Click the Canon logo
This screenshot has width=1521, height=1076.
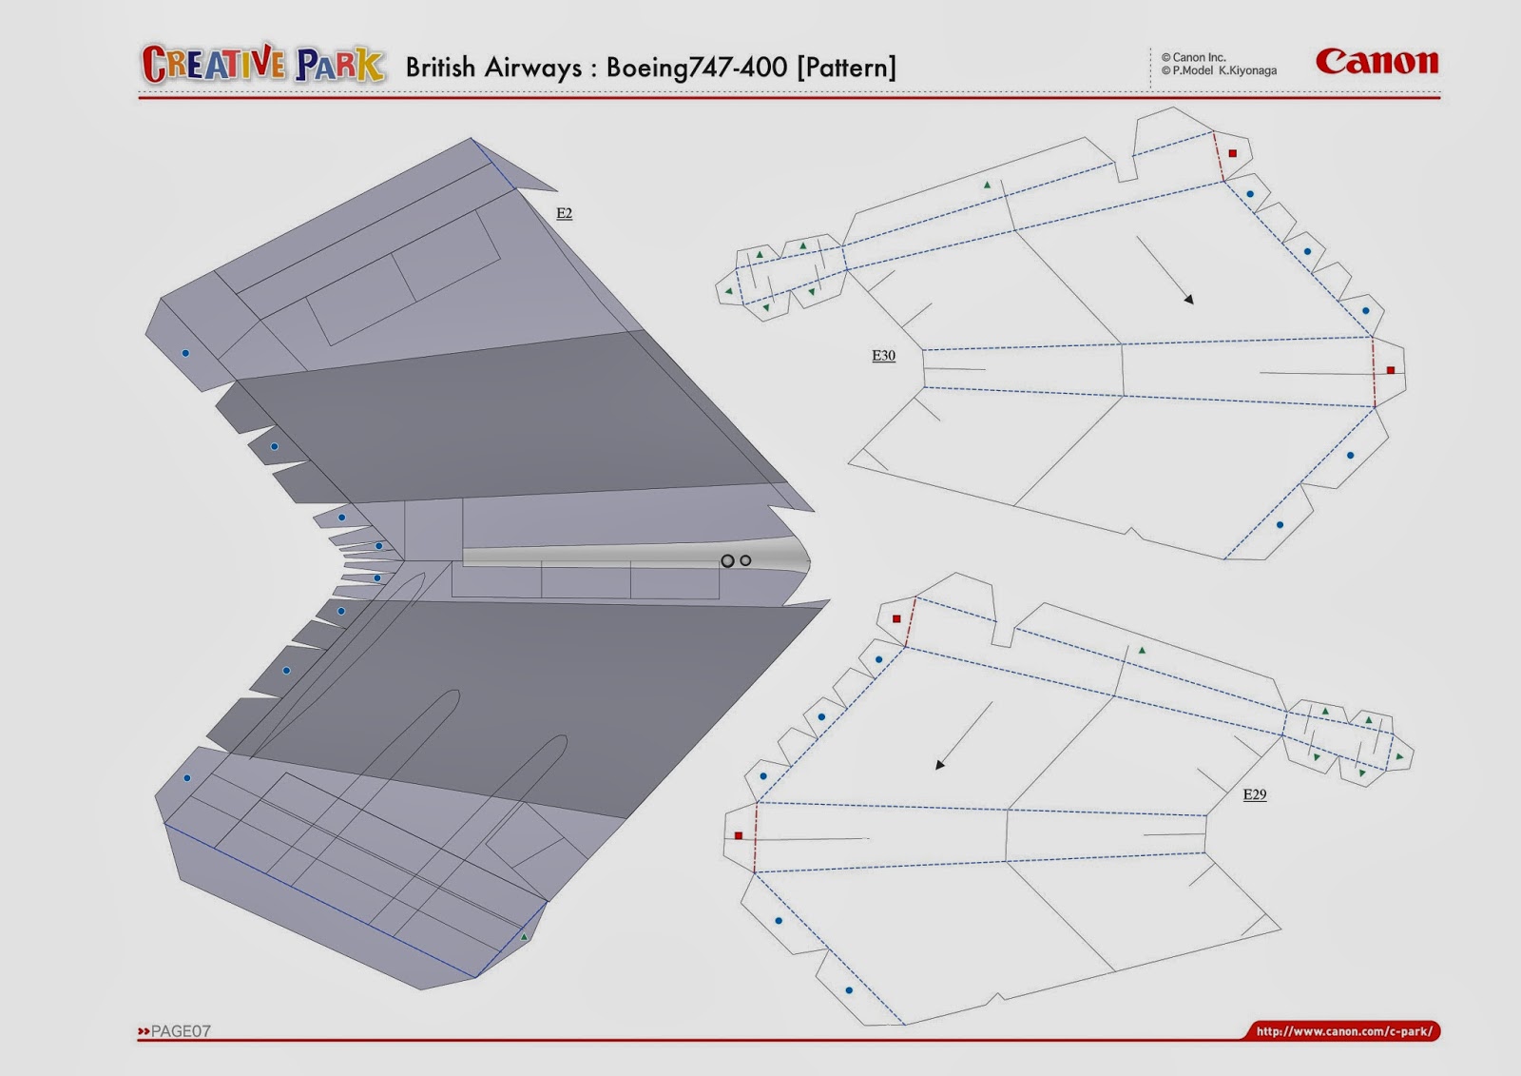1377,62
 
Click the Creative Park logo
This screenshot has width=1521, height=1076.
262,65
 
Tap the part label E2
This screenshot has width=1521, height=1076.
564,213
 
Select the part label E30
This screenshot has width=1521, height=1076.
883,355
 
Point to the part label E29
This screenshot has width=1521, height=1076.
1254,794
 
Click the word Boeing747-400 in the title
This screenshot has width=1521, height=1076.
696,68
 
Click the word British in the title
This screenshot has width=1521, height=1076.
440,68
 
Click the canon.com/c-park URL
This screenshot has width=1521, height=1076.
1343,1031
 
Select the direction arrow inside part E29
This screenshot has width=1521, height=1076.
965,735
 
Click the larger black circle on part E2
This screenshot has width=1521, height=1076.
727,561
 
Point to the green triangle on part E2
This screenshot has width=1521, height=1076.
524,937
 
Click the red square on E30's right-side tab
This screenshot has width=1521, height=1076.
1391,370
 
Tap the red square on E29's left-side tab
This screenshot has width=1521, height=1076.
739,835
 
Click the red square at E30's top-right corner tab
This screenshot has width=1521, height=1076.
1233,153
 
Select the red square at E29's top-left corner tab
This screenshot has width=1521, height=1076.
896,618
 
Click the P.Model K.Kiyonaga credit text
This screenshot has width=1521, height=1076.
1220,70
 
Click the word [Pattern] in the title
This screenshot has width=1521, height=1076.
846,68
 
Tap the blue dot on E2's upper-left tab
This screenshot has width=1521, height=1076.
185,353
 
